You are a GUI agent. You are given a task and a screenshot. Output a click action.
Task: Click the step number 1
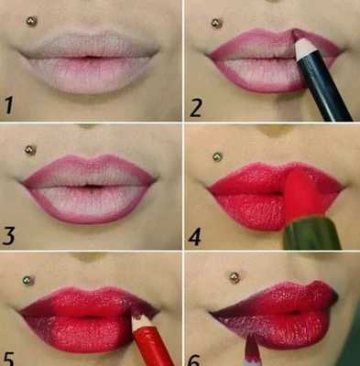(9, 104)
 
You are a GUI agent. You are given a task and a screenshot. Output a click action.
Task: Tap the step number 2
(196, 108)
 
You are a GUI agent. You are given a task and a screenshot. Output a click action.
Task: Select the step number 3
(8, 235)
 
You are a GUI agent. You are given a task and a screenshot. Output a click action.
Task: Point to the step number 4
(194, 237)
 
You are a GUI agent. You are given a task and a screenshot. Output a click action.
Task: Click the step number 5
(8, 359)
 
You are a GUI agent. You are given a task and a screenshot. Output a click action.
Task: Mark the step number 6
(193, 361)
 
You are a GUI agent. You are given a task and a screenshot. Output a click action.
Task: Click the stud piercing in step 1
(31, 21)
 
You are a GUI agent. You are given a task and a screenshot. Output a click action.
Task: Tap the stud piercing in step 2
(217, 24)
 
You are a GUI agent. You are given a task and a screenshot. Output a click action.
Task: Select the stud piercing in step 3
(30, 150)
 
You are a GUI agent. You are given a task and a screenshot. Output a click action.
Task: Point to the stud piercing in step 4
(217, 157)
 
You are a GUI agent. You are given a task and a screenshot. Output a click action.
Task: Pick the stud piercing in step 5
(28, 281)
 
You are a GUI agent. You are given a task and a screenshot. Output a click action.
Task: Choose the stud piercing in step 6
(235, 277)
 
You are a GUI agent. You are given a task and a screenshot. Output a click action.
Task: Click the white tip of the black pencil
(305, 48)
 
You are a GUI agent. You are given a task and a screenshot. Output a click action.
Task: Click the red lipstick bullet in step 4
(302, 195)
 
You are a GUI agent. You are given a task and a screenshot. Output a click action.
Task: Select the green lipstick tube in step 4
(311, 233)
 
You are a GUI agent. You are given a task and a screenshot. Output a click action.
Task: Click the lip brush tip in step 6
(253, 347)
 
